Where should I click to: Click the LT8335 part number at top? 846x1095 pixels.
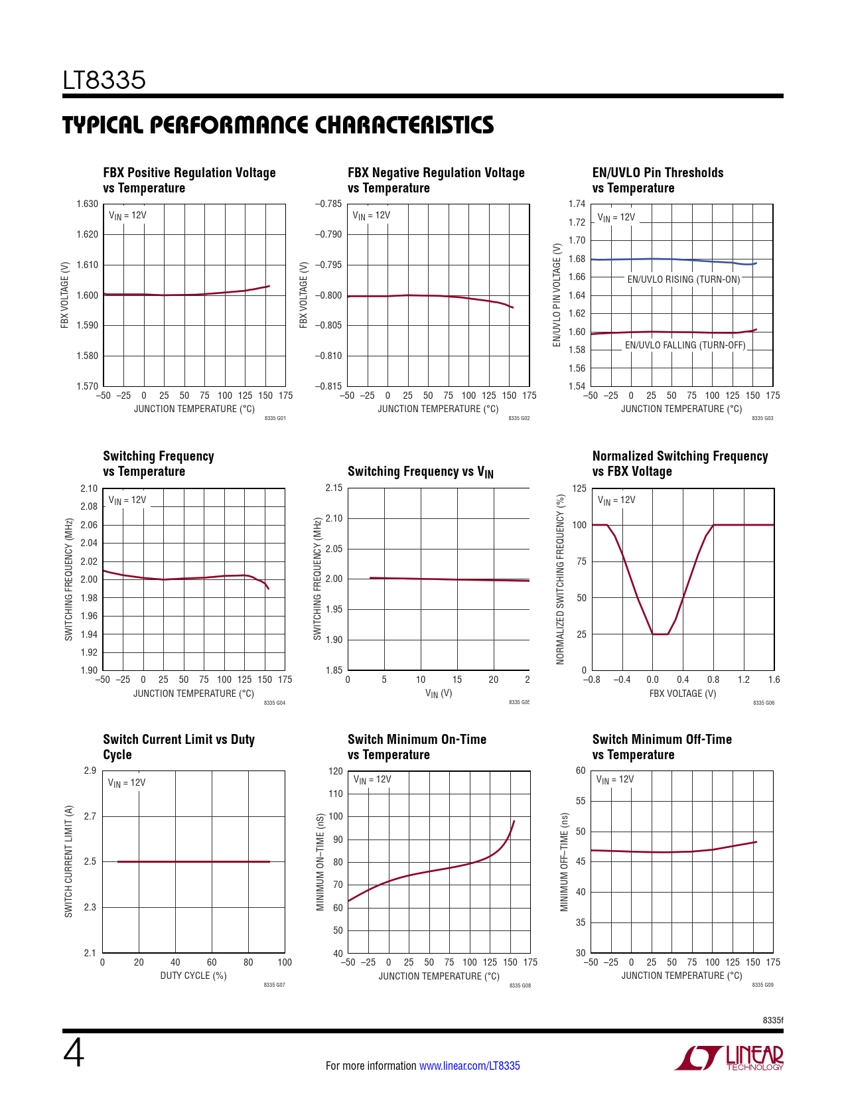point(104,80)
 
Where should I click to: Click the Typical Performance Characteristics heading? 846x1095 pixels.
point(278,125)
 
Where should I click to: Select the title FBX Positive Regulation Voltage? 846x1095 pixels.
point(189,173)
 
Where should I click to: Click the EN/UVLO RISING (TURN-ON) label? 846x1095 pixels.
point(683,279)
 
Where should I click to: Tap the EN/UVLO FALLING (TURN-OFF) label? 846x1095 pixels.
point(685,345)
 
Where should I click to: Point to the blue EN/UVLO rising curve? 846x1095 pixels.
point(670,259)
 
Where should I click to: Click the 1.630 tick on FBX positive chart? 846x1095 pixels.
point(87,204)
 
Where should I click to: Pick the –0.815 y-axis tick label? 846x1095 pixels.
point(328,386)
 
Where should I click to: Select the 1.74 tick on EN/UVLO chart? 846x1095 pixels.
point(577,204)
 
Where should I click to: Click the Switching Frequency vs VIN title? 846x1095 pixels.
point(420,472)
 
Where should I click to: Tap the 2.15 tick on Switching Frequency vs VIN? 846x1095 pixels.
point(334,488)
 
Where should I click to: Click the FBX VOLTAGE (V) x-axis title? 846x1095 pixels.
point(682,694)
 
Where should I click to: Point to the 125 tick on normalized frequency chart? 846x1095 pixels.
point(579,488)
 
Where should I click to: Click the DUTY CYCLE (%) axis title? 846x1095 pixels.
point(193,976)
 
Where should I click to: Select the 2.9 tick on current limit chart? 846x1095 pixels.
point(90,770)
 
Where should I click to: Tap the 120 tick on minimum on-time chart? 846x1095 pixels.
point(336,771)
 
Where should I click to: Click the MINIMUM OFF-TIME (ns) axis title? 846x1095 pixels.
point(564,861)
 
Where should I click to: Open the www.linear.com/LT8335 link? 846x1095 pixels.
point(469,1066)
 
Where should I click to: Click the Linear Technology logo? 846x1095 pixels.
point(729,1058)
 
